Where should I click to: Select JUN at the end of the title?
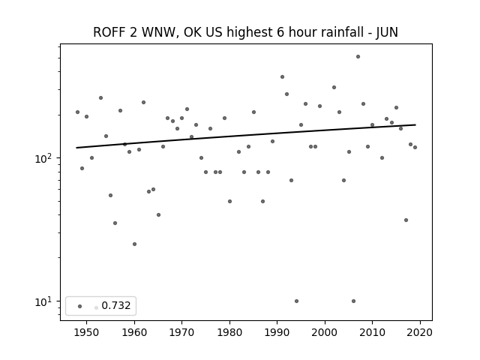tap(387, 32)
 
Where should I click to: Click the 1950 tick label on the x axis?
tap(86, 332)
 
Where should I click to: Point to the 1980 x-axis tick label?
tap(229, 332)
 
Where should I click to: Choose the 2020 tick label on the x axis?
tap(420, 332)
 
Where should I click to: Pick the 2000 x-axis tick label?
tap(325, 332)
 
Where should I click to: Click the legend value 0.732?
tap(116, 305)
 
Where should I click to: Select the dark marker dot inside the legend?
tap(80, 306)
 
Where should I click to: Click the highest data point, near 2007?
tap(358, 57)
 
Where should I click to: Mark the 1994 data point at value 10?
tap(296, 301)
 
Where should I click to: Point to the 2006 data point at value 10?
tap(353, 301)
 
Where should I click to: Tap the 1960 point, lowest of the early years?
tap(134, 244)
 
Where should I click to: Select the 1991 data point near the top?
tap(282, 76)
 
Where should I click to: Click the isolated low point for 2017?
tap(406, 220)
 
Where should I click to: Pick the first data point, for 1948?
tap(77, 112)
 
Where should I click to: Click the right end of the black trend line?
tap(415, 125)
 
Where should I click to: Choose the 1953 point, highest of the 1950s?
tap(100, 98)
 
